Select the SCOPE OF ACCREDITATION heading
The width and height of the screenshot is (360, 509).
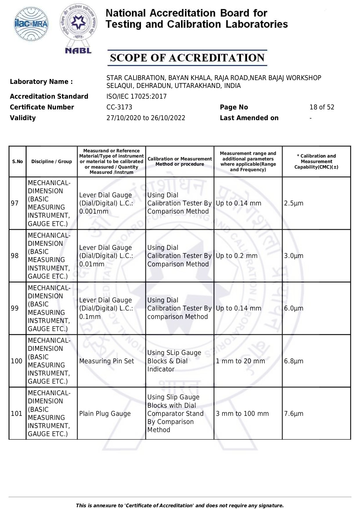(187, 58)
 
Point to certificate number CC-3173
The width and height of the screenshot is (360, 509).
(119, 107)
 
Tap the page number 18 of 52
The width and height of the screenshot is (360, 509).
(322, 107)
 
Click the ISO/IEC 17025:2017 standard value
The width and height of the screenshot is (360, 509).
(136, 97)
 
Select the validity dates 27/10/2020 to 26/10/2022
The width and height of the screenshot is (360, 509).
(146, 118)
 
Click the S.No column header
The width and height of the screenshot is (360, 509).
(17, 162)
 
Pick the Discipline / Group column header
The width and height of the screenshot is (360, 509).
(52, 162)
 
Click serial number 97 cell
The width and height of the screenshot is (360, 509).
(15, 203)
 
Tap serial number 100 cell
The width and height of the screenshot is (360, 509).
(17, 361)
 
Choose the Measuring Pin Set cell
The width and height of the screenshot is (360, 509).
(106, 361)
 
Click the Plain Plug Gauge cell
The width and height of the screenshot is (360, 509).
(105, 414)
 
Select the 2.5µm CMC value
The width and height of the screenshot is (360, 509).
(294, 203)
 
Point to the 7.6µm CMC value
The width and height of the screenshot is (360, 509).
(294, 414)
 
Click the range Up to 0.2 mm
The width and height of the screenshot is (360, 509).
(236, 256)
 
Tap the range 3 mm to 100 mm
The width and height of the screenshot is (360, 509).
(242, 414)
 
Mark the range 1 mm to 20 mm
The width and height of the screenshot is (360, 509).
(240, 361)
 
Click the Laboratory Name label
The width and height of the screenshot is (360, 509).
(41, 82)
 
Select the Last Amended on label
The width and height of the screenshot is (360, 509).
(249, 118)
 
